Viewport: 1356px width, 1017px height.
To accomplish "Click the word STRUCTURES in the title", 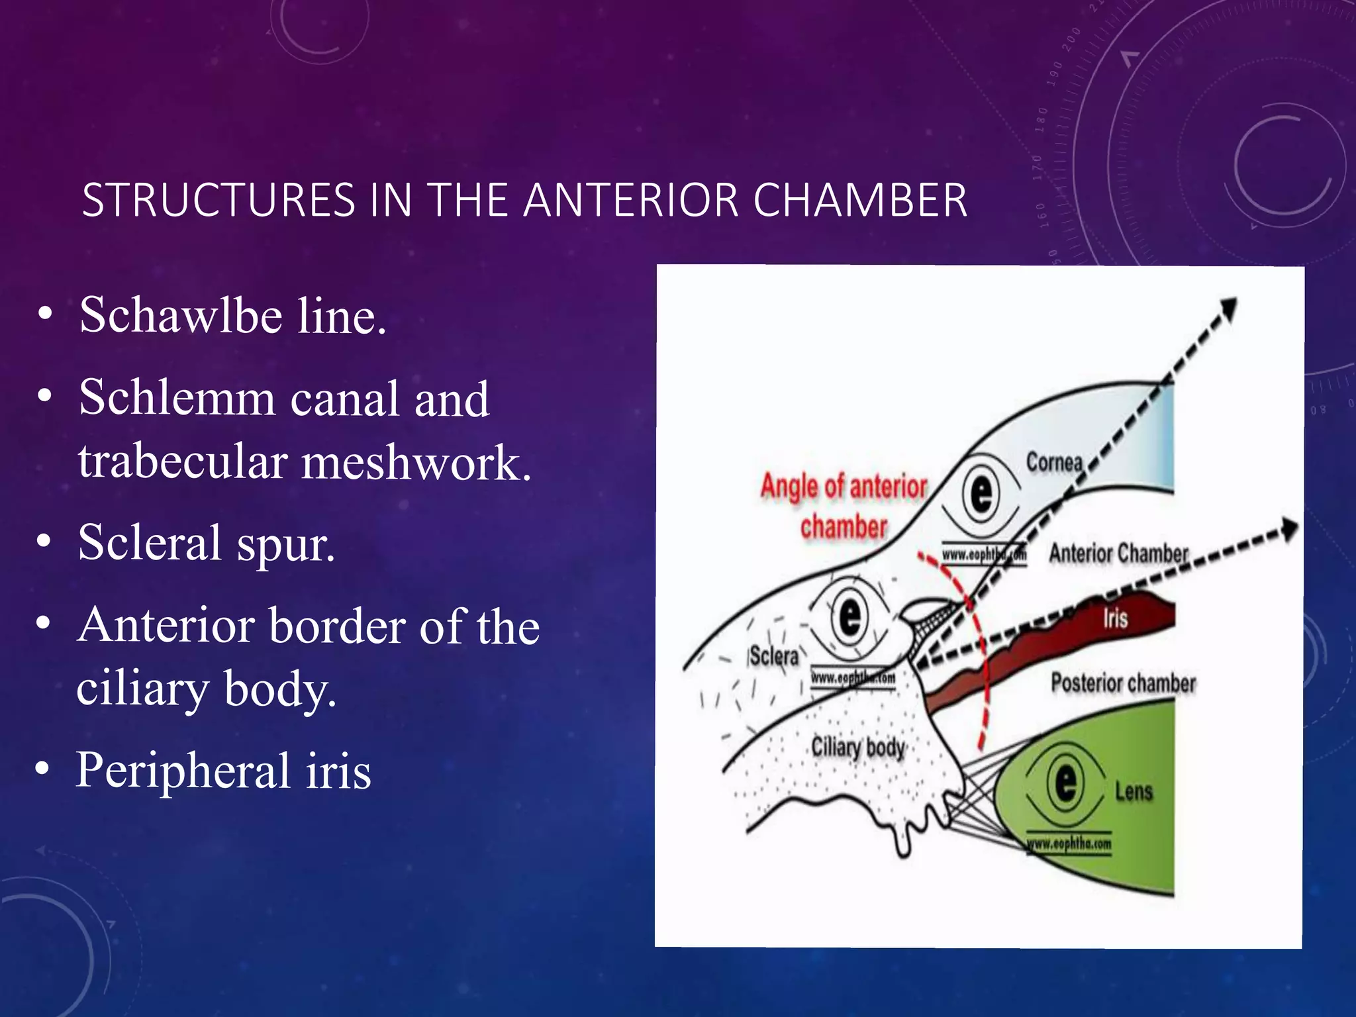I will pyautogui.click(x=218, y=200).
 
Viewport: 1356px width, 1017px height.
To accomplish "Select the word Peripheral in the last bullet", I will pyautogui.click(x=183, y=771).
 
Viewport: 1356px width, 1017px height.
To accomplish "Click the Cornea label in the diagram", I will pyautogui.click(x=1054, y=461).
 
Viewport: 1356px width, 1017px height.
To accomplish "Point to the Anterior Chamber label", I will pyautogui.click(x=1118, y=553).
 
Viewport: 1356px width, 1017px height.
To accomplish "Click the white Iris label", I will pyautogui.click(x=1115, y=618).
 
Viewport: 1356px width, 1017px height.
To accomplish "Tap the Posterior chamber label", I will pyautogui.click(x=1123, y=683).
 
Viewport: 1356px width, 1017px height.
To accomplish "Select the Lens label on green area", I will pyautogui.click(x=1134, y=791).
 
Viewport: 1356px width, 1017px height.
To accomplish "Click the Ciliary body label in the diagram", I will pyautogui.click(x=858, y=748).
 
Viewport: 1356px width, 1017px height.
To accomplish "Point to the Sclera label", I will pyautogui.click(x=773, y=656).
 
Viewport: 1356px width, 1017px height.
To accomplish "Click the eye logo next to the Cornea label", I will pyautogui.click(x=981, y=494).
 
